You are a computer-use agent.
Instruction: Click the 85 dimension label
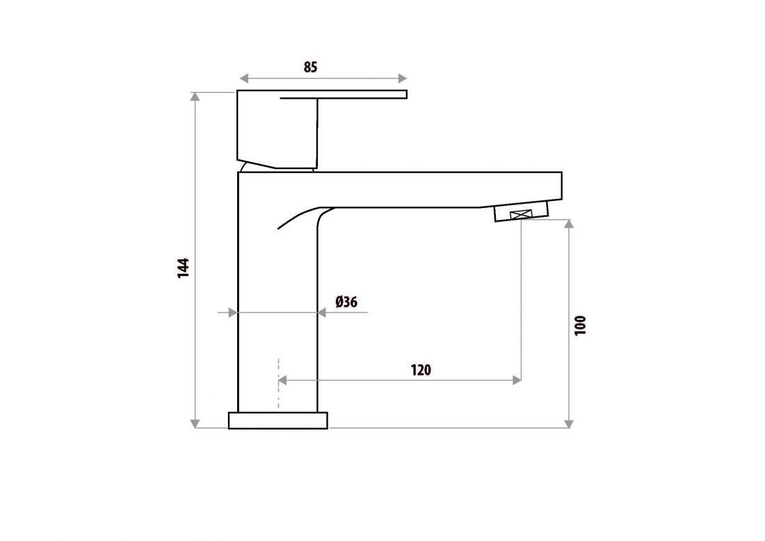point(310,67)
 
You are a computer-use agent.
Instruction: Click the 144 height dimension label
point(183,268)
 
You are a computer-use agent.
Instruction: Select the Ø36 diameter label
point(346,302)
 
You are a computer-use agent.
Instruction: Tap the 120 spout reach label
point(420,369)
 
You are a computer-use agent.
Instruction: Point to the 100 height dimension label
point(581,325)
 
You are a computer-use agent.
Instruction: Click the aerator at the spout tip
point(522,214)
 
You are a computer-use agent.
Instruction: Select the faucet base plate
point(277,420)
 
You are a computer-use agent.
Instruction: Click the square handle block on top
point(277,131)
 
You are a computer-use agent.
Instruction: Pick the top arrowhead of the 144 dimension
point(195,96)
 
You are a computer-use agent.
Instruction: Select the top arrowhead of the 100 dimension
point(570,225)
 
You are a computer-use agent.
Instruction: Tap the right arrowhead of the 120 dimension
point(517,380)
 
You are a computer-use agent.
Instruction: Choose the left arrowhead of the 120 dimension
point(283,380)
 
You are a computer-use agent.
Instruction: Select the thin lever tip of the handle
point(396,94)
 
